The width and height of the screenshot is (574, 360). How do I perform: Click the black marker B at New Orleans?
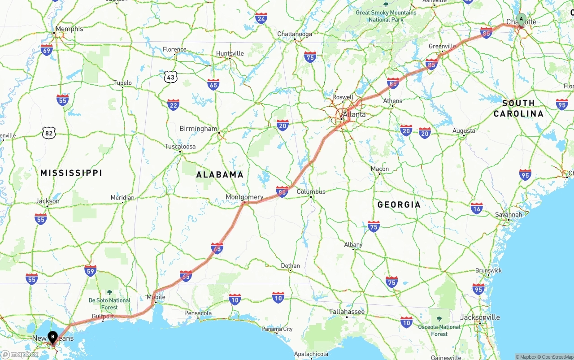point(53,336)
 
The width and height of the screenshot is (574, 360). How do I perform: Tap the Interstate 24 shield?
point(261,18)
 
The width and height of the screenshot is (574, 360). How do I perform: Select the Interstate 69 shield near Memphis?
point(46,49)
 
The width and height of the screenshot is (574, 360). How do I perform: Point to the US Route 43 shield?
point(170,77)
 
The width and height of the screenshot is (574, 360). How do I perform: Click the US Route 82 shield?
point(49,132)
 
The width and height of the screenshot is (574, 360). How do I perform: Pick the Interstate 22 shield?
point(173,105)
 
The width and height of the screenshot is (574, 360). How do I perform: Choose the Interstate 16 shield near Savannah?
point(477,208)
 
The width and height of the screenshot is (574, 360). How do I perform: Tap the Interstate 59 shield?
point(91,270)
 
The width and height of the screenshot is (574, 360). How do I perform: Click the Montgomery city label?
point(244,197)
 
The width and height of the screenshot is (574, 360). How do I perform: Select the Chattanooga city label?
point(295,34)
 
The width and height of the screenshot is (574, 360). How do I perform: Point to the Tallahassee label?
point(347,311)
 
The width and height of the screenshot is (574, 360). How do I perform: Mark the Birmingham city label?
point(198,129)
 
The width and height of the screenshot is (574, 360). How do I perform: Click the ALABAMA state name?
point(220,174)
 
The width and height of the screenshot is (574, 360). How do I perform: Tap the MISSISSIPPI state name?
point(71,173)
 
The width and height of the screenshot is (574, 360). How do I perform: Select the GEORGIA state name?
point(399,204)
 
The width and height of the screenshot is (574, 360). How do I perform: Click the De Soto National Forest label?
point(109,304)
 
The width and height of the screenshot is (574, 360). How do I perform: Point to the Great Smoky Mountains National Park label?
point(386,16)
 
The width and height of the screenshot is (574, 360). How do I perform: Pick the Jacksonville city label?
point(480,317)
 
